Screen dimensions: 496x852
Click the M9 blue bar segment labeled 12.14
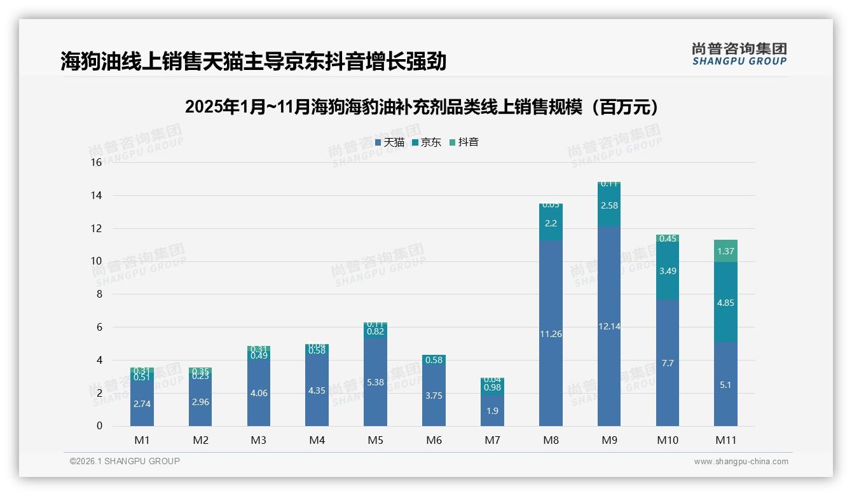click(609, 326)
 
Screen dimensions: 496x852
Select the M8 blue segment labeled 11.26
click(551, 334)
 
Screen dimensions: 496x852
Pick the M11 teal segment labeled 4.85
click(725, 303)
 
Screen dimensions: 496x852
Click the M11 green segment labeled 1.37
click(725, 251)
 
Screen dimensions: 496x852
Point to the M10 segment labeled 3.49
click(668, 271)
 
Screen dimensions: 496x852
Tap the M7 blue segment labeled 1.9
click(492, 411)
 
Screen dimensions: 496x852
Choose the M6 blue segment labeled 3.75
click(434, 396)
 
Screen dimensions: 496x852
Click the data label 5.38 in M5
click(375, 382)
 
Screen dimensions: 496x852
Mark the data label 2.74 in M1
click(142, 403)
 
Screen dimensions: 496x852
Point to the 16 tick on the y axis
click(96, 163)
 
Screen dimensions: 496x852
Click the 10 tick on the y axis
click(96, 261)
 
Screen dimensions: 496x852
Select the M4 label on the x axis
click(317, 440)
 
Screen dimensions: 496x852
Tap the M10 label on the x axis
click(668, 440)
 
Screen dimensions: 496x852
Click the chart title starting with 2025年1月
click(422, 107)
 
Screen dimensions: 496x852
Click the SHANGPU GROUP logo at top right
click(739, 54)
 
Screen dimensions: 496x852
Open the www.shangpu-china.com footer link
click(741, 462)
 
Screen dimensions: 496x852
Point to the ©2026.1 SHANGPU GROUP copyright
click(125, 461)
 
